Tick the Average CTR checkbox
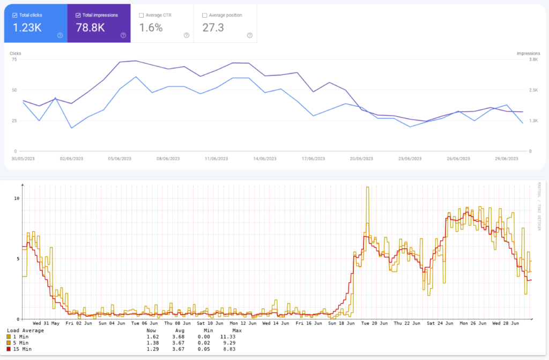(x=141, y=16)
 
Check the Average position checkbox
(x=204, y=16)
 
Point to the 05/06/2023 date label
(x=120, y=158)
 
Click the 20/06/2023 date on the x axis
(x=361, y=158)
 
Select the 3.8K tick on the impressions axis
(x=534, y=60)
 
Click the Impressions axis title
(x=528, y=54)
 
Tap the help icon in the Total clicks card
(x=60, y=35)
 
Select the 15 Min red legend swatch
(x=9, y=349)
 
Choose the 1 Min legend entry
(x=21, y=336)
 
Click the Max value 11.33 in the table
(x=237, y=336)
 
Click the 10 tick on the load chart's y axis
(x=17, y=199)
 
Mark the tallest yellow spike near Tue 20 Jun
(x=367, y=188)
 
